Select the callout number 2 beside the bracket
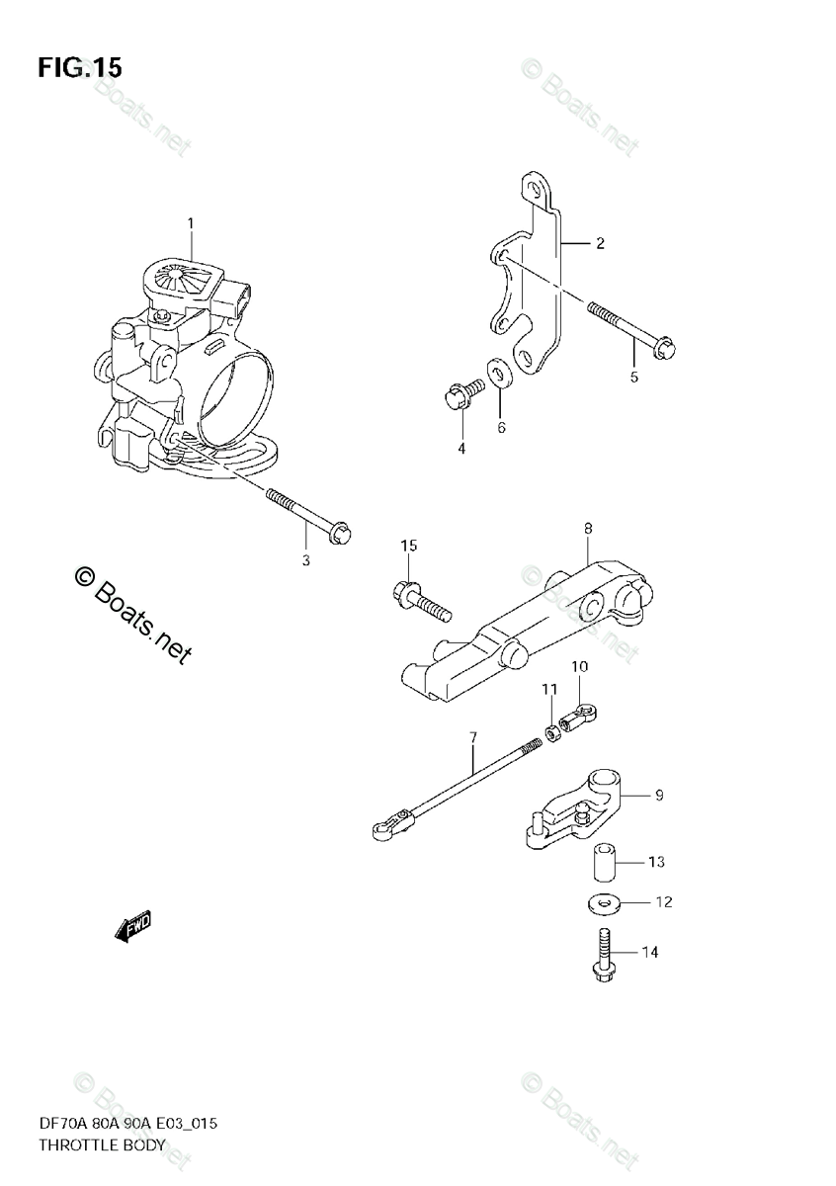pyautogui.click(x=599, y=243)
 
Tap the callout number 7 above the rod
pyautogui.click(x=473, y=737)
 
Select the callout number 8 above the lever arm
pyautogui.click(x=587, y=529)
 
